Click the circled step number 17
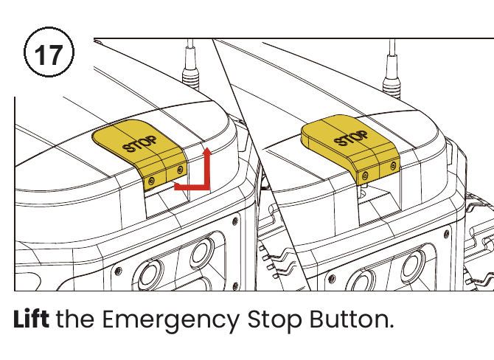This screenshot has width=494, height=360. coord(49,52)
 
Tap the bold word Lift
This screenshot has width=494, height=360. coord(31,319)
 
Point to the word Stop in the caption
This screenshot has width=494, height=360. coord(274,321)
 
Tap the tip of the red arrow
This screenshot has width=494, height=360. coord(207,148)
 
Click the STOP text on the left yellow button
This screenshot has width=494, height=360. coord(139,145)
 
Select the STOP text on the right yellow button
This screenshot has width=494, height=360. coord(351,139)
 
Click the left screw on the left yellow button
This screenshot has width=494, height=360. coord(152,181)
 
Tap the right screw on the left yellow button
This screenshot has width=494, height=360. coord(180,170)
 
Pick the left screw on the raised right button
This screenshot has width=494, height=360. coord(365,176)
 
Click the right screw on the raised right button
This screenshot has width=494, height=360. coord(393,165)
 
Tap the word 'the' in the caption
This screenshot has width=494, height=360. coord(75,319)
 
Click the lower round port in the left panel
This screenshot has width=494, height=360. coord(150,274)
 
